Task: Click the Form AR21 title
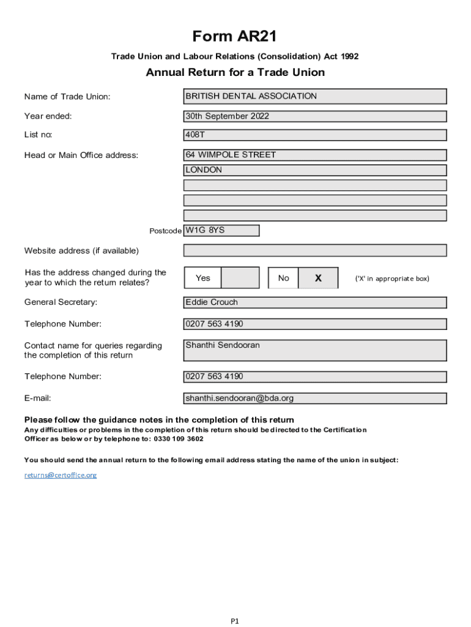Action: [x=234, y=37]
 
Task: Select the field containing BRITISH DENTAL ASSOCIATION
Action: [x=315, y=97]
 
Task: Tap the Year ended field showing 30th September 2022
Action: [x=315, y=116]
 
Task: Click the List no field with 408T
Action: [x=315, y=135]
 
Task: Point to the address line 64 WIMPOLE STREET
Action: [x=315, y=156]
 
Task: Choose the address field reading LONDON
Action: [x=315, y=170]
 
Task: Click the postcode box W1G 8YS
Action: [x=221, y=231]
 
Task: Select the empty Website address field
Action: [x=315, y=250]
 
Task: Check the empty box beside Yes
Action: [x=240, y=278]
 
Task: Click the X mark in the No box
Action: [x=318, y=278]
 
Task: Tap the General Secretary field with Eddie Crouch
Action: [x=315, y=302]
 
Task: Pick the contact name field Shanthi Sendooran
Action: [x=315, y=350]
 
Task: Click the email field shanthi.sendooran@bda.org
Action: [x=315, y=399]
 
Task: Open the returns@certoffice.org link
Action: [x=61, y=475]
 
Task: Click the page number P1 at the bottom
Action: [x=235, y=621]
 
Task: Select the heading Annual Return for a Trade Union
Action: [x=235, y=73]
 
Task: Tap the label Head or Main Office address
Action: [x=81, y=156]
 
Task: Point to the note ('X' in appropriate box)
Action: [x=392, y=279]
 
